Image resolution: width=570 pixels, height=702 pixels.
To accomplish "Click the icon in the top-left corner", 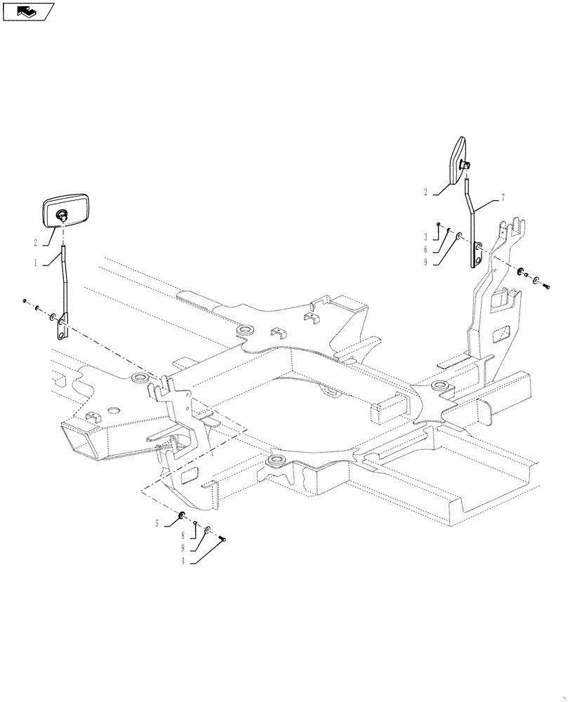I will pos(28,11).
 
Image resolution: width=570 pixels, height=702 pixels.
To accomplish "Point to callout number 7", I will pos(502,197).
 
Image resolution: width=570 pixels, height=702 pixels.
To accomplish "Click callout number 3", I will pos(425,237).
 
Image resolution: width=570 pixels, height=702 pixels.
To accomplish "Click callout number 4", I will pos(185,561).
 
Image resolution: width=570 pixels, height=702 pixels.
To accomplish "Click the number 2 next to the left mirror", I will pos(35,242).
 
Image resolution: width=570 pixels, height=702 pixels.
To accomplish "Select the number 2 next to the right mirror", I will pos(425,190).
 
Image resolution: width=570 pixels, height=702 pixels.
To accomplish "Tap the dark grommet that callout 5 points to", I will pos(183,517).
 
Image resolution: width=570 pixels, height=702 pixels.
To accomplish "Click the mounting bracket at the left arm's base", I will pos(62,327).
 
